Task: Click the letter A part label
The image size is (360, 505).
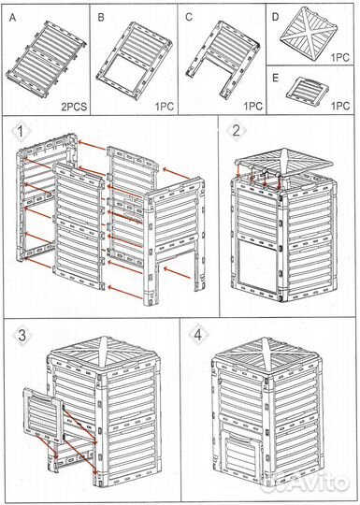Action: [12, 18]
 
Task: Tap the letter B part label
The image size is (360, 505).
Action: [101, 18]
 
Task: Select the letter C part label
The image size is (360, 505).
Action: [189, 17]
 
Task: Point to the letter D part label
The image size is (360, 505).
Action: [275, 17]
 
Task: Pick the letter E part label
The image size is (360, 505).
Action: [275, 79]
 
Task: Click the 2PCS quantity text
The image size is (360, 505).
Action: [74, 107]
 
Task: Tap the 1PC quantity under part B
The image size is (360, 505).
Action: [165, 107]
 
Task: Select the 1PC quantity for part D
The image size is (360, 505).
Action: [340, 57]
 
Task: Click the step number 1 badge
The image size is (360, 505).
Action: [20, 132]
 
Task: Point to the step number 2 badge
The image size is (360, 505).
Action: [236, 131]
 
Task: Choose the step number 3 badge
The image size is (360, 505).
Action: [22, 336]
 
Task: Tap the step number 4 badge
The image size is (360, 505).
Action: [197, 336]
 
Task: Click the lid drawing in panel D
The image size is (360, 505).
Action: [309, 34]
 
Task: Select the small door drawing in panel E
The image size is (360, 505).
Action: [308, 89]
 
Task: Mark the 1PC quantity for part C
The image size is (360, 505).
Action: [252, 107]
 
